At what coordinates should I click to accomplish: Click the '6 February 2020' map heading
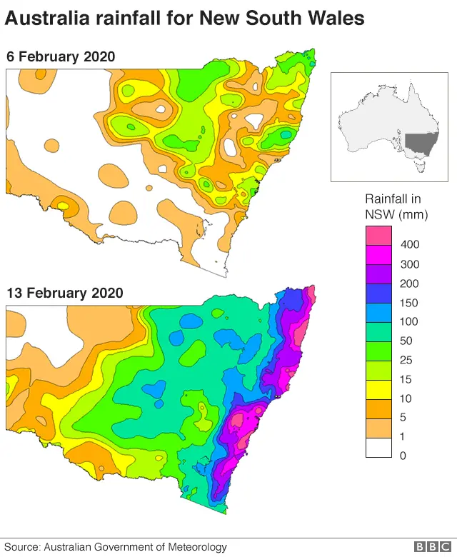(x=61, y=56)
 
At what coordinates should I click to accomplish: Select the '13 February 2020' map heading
(x=64, y=293)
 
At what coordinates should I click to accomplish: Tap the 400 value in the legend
(x=411, y=245)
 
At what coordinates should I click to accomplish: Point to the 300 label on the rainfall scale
(x=411, y=264)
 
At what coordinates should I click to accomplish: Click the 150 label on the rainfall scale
(x=411, y=303)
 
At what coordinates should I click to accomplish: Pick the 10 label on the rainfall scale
(x=408, y=398)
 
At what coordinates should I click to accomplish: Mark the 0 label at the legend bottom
(x=404, y=456)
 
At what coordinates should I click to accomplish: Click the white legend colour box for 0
(x=378, y=448)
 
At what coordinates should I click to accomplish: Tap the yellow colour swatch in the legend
(x=378, y=390)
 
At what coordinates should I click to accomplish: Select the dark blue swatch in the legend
(x=378, y=293)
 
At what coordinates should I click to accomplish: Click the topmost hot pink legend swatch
(x=378, y=235)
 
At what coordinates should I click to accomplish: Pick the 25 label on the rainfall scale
(x=408, y=361)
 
